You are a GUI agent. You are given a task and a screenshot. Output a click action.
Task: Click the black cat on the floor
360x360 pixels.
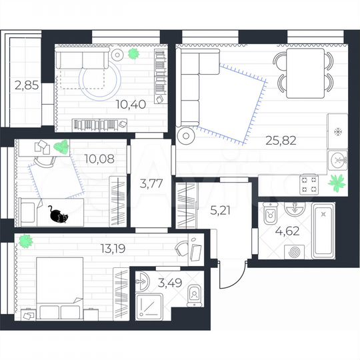click(57, 215)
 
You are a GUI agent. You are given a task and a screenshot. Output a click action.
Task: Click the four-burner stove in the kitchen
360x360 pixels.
click(309, 183)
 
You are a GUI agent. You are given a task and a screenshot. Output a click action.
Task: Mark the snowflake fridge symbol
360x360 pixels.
click(337, 131)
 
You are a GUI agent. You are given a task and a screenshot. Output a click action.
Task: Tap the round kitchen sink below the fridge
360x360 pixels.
click(338, 160)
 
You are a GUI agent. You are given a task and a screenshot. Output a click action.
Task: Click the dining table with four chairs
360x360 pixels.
click(303, 69)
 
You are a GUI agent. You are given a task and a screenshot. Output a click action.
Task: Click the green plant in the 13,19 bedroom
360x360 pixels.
click(25, 239)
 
